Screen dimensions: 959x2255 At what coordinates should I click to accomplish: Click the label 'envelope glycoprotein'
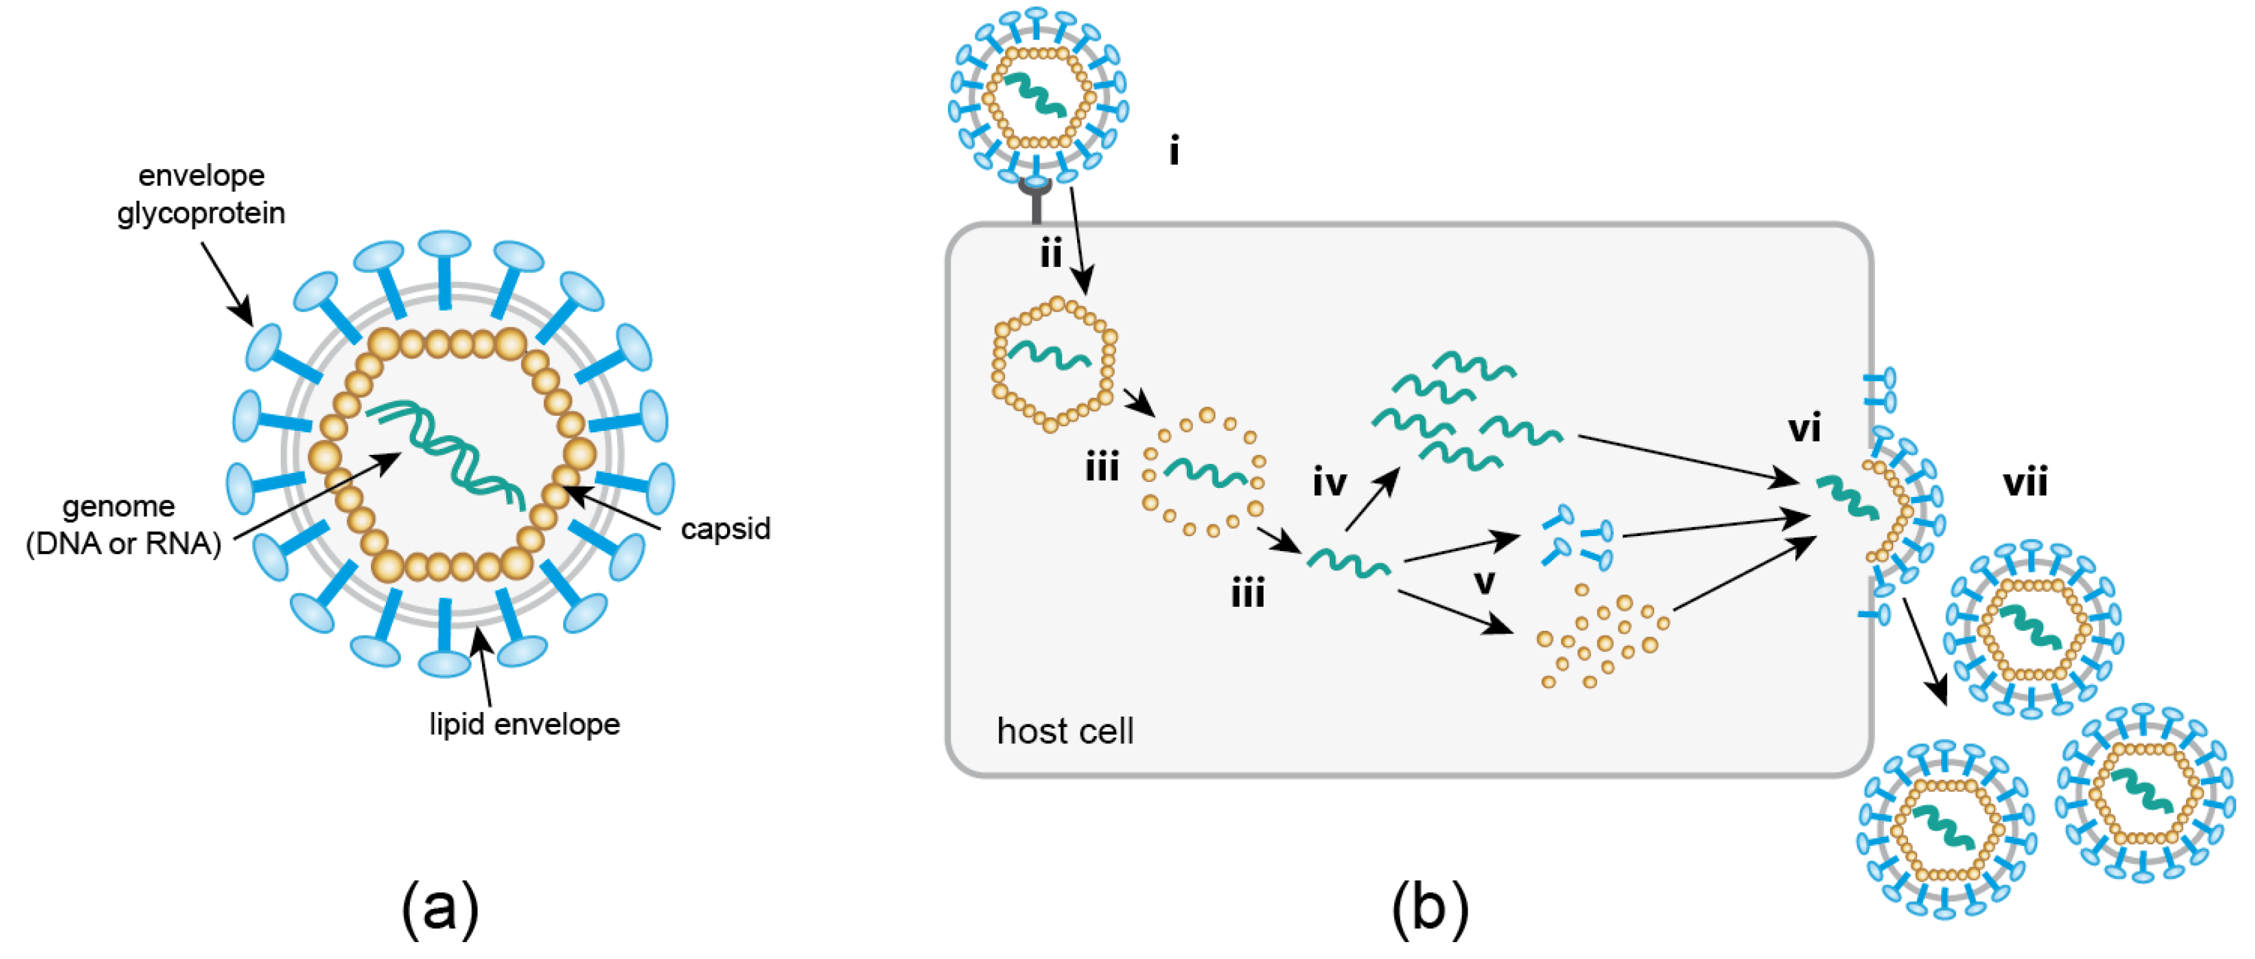click(x=201, y=194)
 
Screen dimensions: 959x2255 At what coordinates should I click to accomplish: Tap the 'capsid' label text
click(x=725, y=528)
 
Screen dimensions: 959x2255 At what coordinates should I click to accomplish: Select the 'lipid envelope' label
click(x=524, y=724)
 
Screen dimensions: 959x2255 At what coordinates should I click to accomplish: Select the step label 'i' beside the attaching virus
click(x=1174, y=151)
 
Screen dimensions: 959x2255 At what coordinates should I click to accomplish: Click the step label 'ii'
click(x=1051, y=254)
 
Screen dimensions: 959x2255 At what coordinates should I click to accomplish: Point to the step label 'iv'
click(x=1329, y=481)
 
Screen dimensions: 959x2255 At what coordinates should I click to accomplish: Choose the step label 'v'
click(x=1484, y=581)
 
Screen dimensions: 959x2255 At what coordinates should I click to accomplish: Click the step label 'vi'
click(x=1804, y=428)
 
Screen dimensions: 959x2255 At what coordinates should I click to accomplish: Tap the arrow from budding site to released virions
click(x=1925, y=652)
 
